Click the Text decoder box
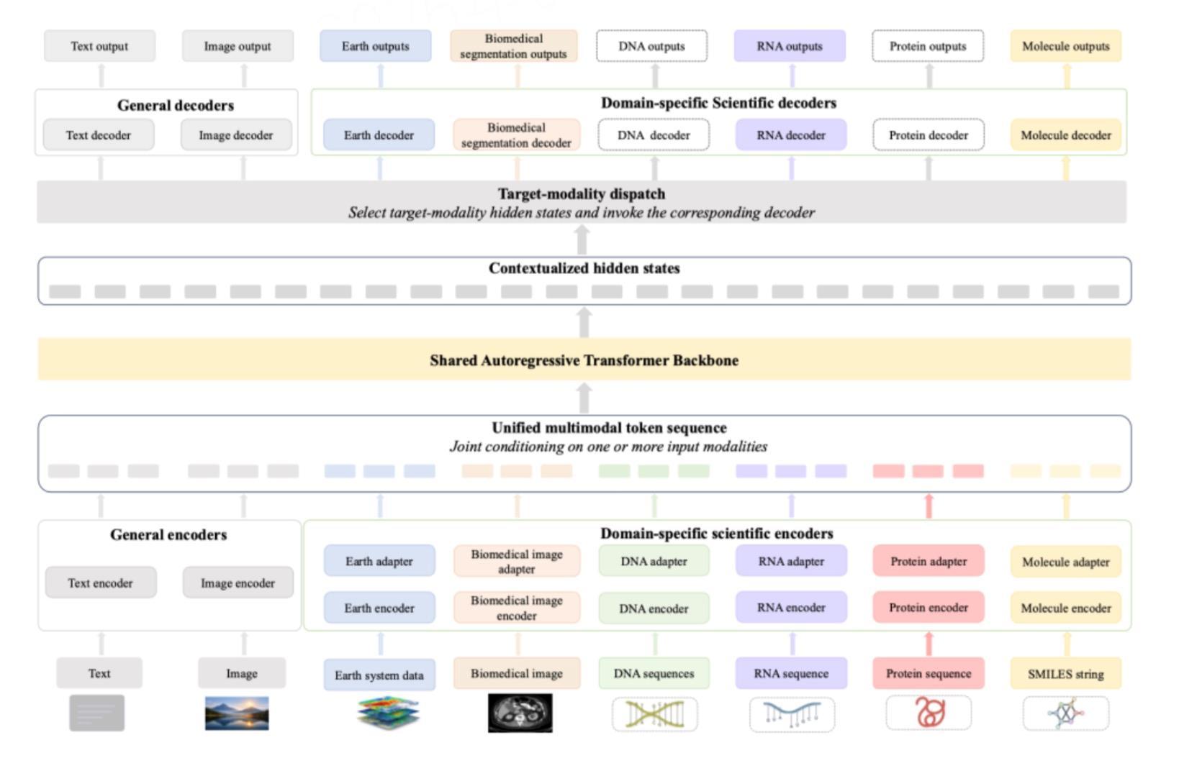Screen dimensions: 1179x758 99,134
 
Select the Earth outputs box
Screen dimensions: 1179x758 375,46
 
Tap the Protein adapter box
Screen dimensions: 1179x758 929,561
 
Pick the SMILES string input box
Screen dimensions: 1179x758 1066,673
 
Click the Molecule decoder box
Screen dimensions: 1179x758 1066,134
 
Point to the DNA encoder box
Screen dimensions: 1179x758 654,608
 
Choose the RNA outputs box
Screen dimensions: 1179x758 790,46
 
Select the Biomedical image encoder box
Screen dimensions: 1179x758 517,608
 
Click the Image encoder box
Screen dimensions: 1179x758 238,583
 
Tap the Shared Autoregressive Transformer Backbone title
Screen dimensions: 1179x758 584,360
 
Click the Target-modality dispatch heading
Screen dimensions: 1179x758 582,193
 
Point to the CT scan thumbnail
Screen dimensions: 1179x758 520,713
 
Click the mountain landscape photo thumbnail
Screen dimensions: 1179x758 237,713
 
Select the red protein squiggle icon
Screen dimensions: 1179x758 929,712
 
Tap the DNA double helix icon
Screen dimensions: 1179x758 655,714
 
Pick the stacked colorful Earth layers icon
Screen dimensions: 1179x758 388,713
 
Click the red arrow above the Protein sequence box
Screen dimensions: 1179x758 929,644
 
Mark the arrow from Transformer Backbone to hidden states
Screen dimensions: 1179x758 584,321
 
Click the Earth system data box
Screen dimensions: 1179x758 379,675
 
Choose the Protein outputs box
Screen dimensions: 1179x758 928,46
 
